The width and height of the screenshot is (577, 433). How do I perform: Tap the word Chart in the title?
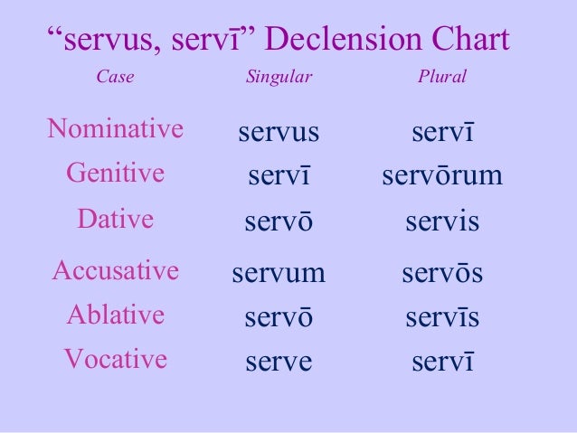(468, 41)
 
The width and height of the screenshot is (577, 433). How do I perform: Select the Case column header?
(115, 78)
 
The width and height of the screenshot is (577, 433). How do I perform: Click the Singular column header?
(279, 78)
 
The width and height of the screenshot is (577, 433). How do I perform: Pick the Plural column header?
(442, 78)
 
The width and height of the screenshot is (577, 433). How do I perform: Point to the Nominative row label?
(115, 129)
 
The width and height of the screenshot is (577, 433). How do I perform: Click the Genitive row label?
(115, 173)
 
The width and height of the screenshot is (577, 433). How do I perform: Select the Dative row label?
(115, 220)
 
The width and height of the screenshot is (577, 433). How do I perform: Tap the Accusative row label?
(115, 269)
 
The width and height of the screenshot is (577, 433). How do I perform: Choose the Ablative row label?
(115, 315)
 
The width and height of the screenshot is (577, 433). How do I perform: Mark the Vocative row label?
(115, 360)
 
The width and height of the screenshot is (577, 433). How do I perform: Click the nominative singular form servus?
(279, 133)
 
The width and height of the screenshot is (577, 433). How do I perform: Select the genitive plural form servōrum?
(442, 175)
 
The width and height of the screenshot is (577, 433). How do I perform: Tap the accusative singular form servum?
(279, 272)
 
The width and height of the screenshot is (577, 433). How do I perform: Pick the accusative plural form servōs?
(442, 272)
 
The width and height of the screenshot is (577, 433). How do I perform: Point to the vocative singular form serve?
(279, 362)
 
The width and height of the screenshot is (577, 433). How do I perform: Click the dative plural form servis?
(442, 222)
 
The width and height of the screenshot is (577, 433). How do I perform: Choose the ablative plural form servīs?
(442, 317)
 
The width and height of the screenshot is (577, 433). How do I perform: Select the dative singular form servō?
(279, 222)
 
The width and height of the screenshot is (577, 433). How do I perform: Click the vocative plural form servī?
(442, 362)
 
